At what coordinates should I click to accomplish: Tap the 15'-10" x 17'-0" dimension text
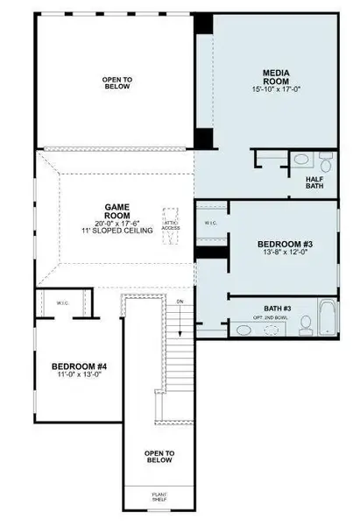tap(276, 89)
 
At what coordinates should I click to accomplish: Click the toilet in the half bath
tap(300, 160)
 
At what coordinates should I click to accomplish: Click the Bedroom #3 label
tap(280, 244)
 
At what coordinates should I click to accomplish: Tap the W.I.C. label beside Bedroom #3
tap(210, 223)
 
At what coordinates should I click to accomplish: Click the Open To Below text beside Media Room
tap(116, 82)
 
